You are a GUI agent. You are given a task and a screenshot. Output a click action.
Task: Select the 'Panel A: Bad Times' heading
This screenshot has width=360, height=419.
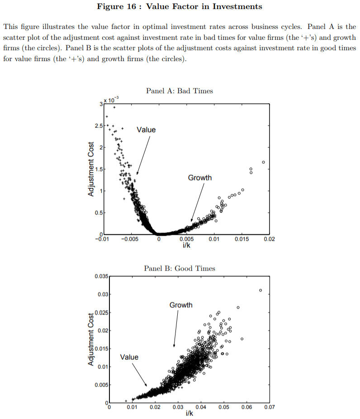tap(179, 91)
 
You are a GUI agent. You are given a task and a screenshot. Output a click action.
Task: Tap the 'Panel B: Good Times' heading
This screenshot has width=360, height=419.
tap(180, 268)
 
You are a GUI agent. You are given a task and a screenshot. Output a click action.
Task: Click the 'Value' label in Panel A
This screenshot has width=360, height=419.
tap(146, 130)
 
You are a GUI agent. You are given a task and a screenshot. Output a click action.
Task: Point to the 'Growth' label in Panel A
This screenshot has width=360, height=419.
tap(199, 178)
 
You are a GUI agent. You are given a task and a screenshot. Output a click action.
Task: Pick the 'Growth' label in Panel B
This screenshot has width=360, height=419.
tap(181, 305)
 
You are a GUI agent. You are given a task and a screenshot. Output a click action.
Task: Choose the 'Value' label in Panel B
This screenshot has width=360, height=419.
tap(129, 357)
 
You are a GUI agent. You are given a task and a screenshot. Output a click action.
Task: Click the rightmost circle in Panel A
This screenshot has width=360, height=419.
tap(263, 162)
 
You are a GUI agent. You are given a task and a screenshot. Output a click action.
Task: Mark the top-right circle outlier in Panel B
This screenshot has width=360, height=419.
tap(261, 290)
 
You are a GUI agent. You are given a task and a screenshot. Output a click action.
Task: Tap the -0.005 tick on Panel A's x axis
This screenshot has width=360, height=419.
tap(130, 240)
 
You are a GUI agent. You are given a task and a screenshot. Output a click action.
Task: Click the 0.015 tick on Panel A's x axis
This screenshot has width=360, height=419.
tap(242, 240)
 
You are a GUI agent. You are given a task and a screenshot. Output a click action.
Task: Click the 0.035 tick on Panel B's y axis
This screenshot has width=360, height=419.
tap(101, 276)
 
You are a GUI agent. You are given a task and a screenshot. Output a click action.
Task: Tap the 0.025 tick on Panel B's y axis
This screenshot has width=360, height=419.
tap(101, 313)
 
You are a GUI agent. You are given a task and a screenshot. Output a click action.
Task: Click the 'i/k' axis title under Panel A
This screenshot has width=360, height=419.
tap(186, 245)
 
